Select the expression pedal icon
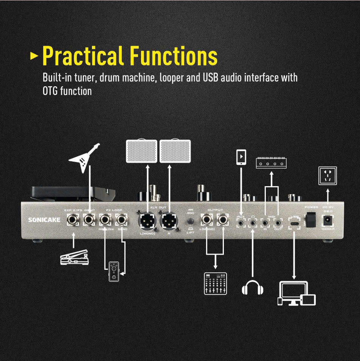(74, 258)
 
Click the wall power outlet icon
(327, 175)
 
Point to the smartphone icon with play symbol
(241, 157)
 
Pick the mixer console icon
(216, 283)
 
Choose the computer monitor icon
(293, 293)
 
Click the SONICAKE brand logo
(44, 219)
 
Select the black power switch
(311, 219)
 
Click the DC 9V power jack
(327, 219)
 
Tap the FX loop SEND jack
(122, 219)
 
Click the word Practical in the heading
(83, 56)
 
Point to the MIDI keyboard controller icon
(271, 163)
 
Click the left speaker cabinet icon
(141, 151)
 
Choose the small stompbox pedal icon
(113, 272)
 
